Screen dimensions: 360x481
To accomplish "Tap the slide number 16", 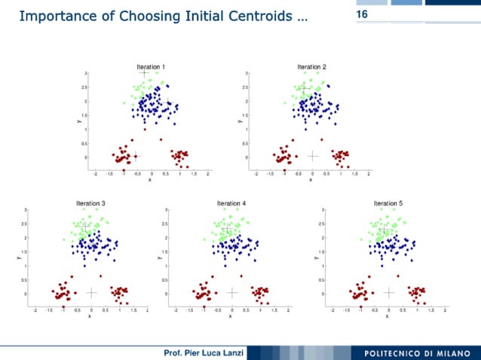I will [x=361, y=14].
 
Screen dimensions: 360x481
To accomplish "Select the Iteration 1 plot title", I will [x=151, y=67].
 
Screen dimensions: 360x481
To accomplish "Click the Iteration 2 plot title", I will [x=311, y=67].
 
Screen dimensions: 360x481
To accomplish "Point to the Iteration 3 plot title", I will [x=90, y=203].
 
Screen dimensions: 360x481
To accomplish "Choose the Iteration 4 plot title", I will [x=231, y=203].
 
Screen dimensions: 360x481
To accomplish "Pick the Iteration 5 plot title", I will [x=388, y=203].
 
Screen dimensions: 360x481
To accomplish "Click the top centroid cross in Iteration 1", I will [x=144, y=73].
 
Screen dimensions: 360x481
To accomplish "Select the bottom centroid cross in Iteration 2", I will [x=313, y=157].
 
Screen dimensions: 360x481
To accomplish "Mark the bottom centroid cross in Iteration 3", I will [x=92, y=292].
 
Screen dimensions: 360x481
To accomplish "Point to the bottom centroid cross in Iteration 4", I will [x=232, y=292].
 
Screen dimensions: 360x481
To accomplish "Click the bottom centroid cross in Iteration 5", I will [x=389, y=292].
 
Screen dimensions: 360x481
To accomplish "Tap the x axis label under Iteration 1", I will [x=149, y=180].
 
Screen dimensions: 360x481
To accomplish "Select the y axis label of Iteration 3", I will [x=19, y=259].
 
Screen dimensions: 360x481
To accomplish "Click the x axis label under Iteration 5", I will [x=388, y=316].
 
